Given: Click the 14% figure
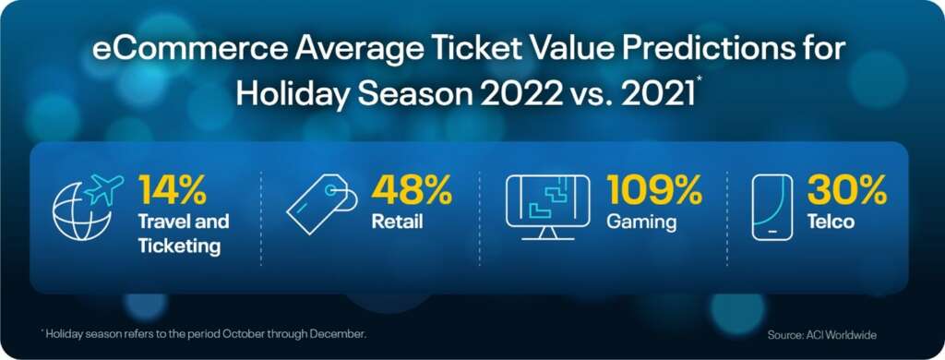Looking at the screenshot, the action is [173, 189].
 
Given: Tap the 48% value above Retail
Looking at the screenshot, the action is [412, 189].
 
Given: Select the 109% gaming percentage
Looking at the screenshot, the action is [654, 189].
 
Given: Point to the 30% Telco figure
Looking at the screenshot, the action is [847, 189].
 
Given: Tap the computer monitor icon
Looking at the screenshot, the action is [547, 208].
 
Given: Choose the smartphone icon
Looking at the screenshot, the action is [772, 208].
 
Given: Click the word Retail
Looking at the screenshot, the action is [397, 222].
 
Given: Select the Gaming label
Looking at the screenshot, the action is [641, 222].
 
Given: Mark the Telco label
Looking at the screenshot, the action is [831, 222].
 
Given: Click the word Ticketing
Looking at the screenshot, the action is [179, 247].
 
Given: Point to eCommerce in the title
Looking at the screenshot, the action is [188, 50].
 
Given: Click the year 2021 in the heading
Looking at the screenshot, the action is [653, 95].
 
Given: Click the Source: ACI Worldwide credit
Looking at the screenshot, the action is [821, 335].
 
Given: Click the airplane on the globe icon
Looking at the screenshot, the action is [104, 188].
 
